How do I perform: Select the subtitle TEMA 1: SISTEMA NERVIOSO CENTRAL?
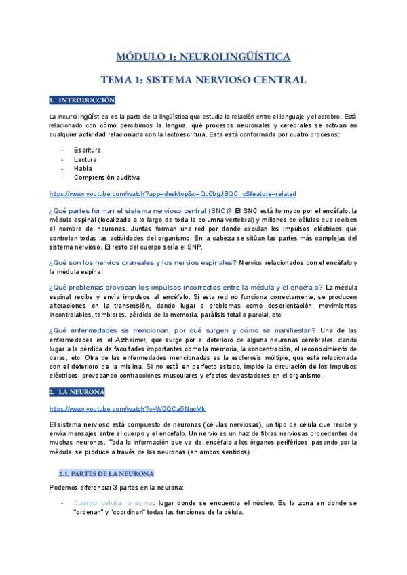203,79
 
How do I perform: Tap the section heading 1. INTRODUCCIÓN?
82,100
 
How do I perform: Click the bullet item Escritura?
88,149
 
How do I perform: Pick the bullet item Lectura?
85,159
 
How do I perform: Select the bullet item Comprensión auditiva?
106,178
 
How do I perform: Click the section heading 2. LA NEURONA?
77,392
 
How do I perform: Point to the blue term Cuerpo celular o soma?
113,503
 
